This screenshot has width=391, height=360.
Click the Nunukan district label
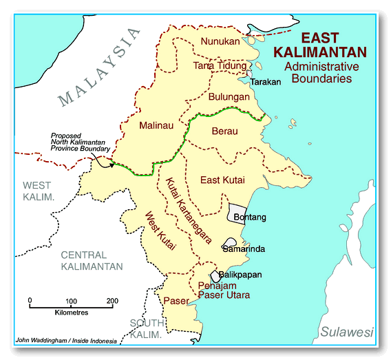point(220,41)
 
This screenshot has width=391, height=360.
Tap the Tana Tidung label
point(220,66)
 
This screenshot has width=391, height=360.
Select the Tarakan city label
point(266,82)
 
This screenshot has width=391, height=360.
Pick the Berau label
point(224,130)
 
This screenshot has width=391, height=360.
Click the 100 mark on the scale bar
point(71,301)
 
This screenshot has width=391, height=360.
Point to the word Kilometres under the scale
point(71,313)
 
